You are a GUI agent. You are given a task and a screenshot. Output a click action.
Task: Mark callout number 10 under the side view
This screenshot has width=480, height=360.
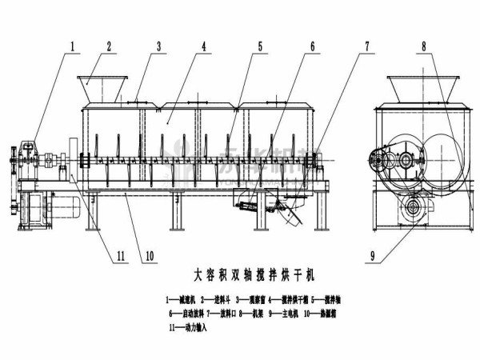[x=149, y=257]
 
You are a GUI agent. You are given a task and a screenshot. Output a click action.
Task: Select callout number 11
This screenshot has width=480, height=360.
[x=121, y=257]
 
